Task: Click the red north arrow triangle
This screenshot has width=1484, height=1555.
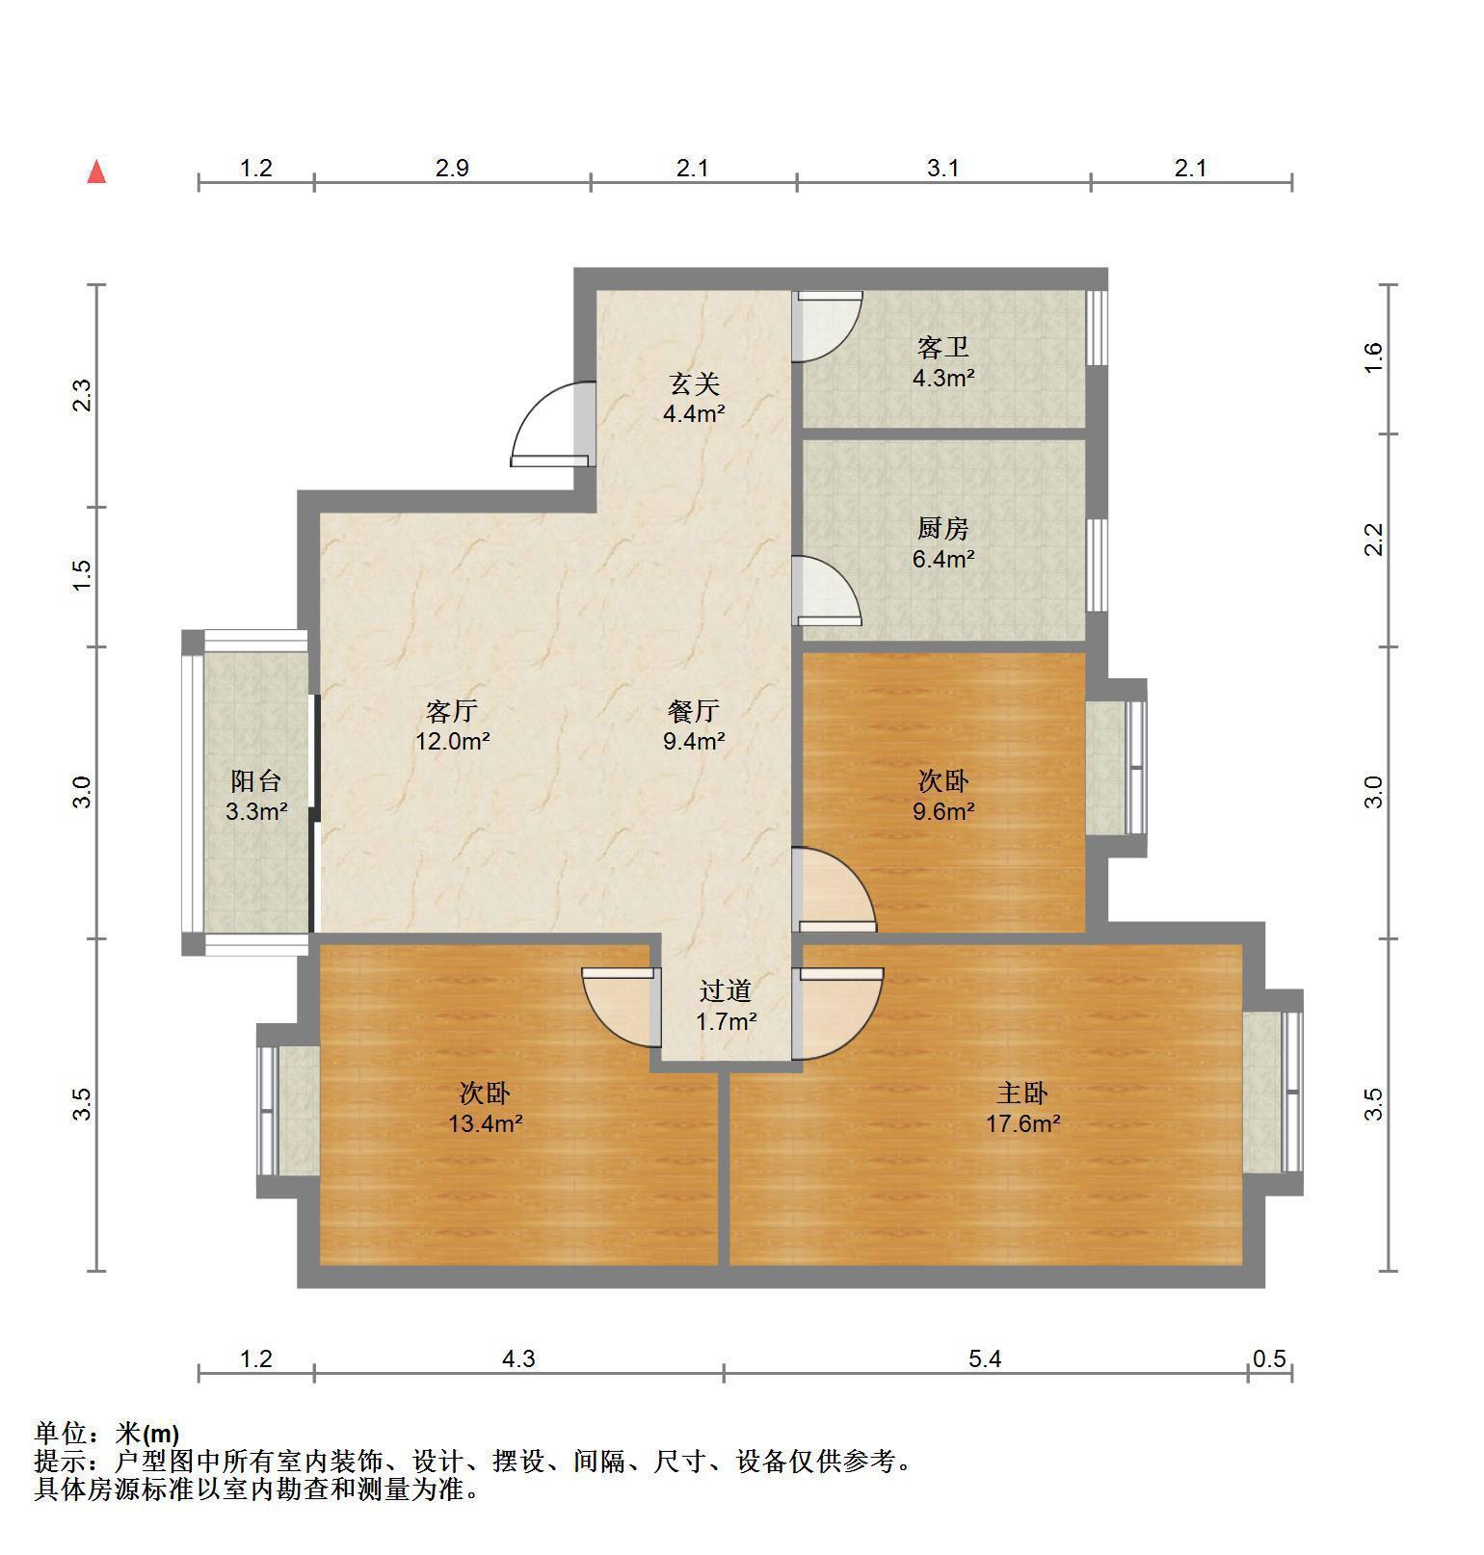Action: (x=96, y=172)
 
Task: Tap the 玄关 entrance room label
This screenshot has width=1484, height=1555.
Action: (x=695, y=384)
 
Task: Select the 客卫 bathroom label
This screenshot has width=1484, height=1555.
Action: (x=942, y=347)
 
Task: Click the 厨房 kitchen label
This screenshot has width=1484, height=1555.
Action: (x=942, y=528)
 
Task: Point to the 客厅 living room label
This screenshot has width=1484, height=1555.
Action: (x=452, y=711)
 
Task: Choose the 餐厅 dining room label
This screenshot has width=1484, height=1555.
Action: (x=694, y=711)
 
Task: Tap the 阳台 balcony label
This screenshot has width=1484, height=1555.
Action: (x=256, y=780)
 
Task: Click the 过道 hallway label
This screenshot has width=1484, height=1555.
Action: (x=726, y=990)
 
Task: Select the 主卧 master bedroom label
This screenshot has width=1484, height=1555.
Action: (x=1022, y=1093)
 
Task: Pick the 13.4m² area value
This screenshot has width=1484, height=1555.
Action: (x=486, y=1123)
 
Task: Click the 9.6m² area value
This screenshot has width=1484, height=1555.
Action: (x=943, y=811)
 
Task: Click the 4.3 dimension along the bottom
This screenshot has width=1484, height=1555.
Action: (x=518, y=1358)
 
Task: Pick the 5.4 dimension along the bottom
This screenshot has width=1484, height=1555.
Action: (x=985, y=1358)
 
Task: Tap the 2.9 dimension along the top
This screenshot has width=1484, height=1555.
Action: (x=452, y=169)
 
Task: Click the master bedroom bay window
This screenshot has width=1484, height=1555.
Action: (x=1273, y=1092)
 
